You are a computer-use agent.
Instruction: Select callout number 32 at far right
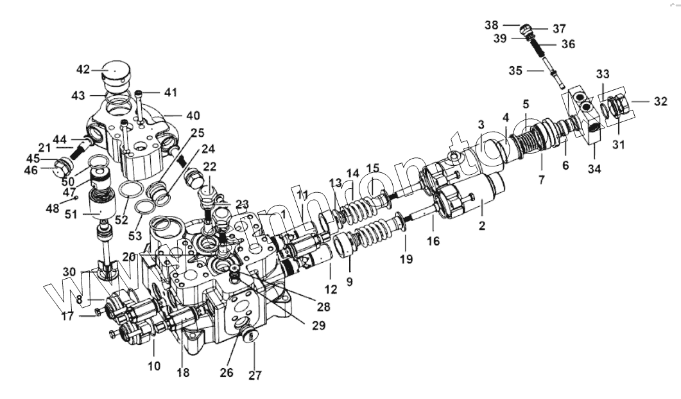coord(660,101)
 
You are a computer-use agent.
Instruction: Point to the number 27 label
coord(255,375)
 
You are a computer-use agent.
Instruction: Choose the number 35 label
coord(516,71)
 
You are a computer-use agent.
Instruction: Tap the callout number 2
coord(482,226)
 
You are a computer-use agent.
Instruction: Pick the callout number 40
coord(193,116)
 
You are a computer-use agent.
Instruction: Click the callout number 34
coord(593,170)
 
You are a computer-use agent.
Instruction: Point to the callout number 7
coord(540,180)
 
